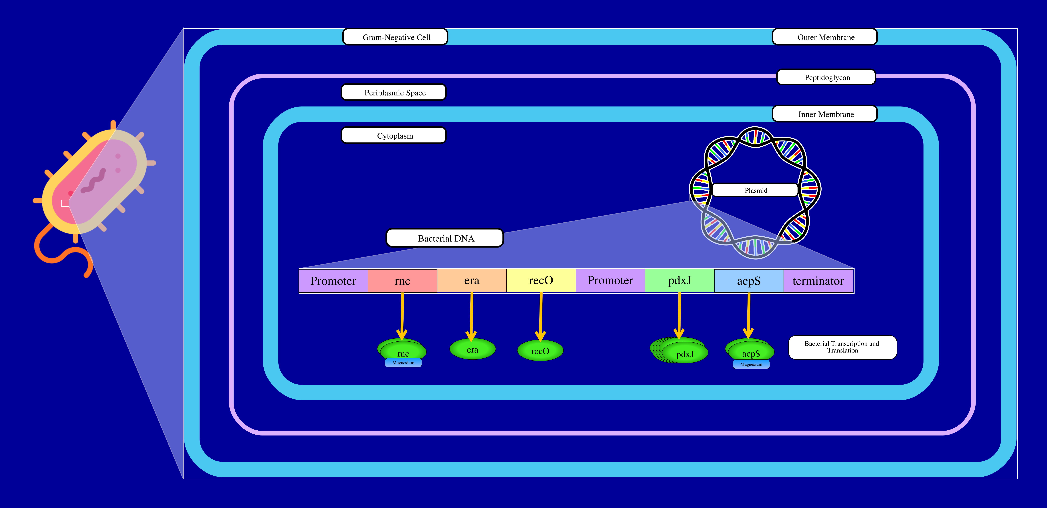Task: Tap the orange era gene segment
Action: [471, 280]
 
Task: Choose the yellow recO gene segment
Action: [541, 280]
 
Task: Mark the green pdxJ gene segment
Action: [680, 280]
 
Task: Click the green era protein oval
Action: [472, 349]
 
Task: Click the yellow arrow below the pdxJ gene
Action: [679, 315]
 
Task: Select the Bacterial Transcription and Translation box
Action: [842, 347]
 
